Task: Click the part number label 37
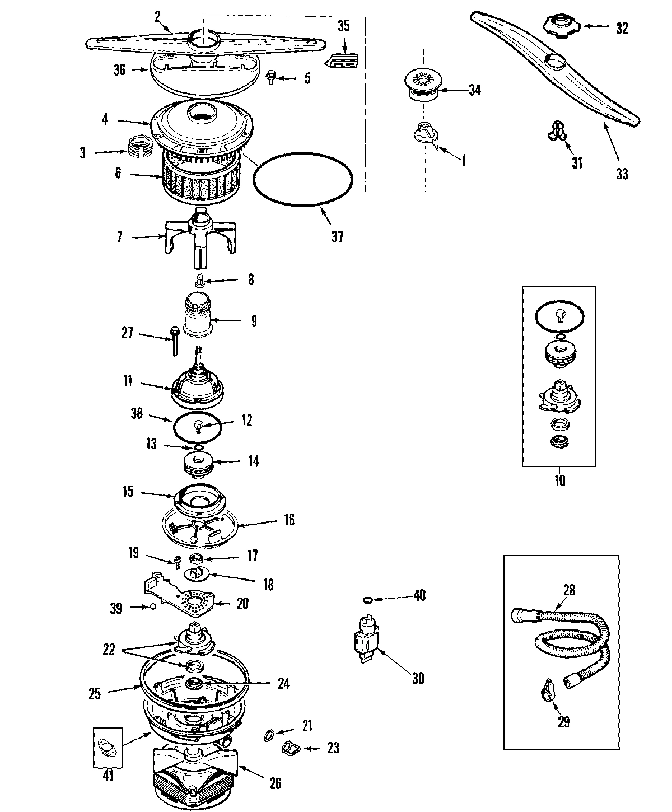(x=337, y=237)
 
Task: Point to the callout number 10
(x=559, y=480)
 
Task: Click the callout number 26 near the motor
(x=274, y=783)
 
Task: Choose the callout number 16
(x=288, y=520)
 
